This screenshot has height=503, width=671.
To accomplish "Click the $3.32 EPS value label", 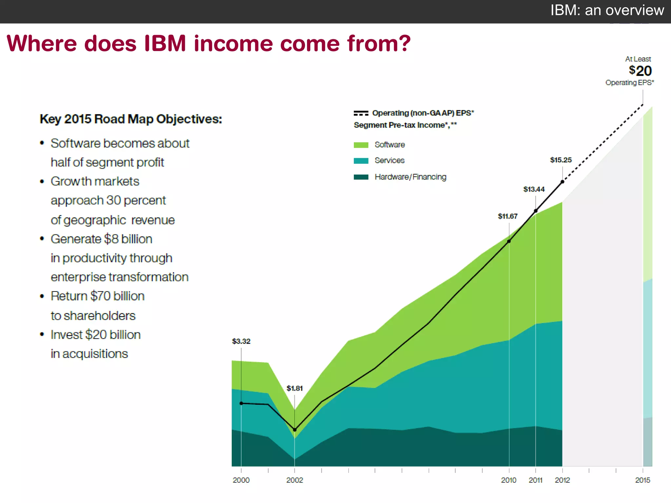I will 241,341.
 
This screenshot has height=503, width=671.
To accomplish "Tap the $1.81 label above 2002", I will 295,388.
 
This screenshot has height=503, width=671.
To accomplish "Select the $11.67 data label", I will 508,216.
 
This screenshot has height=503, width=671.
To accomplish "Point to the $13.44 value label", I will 534,189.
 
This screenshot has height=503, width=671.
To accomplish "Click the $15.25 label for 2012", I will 561,160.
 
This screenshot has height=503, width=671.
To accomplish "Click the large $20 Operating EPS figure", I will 640,71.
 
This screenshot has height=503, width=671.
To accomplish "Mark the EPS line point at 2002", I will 295,430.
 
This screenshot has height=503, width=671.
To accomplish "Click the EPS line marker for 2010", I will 509,241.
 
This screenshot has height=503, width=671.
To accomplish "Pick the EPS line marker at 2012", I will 562,182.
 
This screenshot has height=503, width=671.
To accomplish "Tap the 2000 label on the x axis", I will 241,480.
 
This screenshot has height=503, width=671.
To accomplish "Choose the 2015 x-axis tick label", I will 642,480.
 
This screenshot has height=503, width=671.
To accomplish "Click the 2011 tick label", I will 535,480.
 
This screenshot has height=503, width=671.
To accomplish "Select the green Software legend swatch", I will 361,145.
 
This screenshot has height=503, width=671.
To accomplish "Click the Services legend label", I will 390,160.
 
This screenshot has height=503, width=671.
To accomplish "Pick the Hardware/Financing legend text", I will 410,177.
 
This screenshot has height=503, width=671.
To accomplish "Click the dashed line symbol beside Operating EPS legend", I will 361,113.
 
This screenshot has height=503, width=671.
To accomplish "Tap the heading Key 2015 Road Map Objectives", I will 131,119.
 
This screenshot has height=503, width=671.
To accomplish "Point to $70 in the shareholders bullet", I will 100,296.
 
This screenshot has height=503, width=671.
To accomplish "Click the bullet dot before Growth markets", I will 42,181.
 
